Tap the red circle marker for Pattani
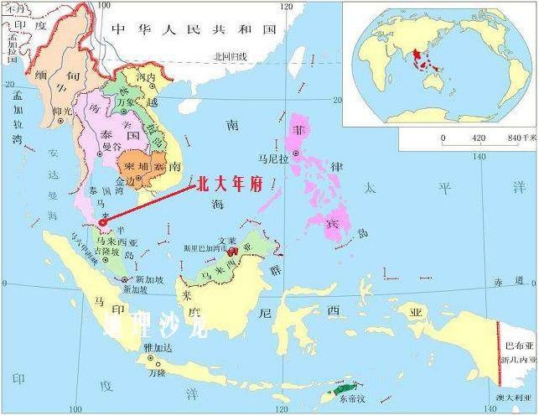point(103,222)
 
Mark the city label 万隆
point(158,372)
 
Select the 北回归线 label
point(230,56)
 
